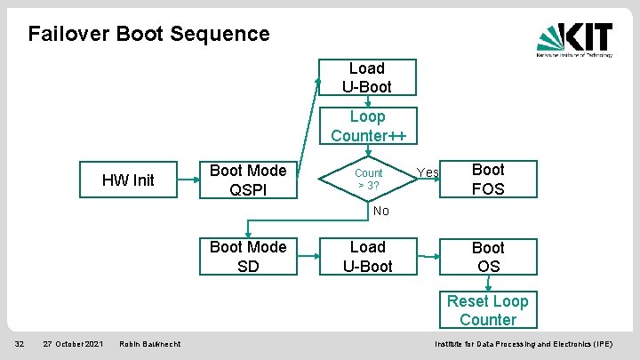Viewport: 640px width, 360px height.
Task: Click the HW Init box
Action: (x=128, y=180)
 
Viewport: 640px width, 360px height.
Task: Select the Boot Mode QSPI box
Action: (x=248, y=180)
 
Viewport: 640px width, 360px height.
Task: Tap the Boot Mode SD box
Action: (x=248, y=256)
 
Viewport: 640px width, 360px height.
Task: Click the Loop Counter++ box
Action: (x=367, y=126)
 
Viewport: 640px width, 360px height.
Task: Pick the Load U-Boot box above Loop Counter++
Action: (x=367, y=78)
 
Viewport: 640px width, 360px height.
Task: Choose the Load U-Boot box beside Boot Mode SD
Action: (x=367, y=256)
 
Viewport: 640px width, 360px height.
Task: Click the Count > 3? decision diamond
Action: (x=368, y=179)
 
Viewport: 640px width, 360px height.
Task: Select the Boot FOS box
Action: (x=487, y=180)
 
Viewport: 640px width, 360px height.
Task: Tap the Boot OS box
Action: (x=487, y=257)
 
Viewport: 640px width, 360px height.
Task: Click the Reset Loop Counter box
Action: (x=487, y=311)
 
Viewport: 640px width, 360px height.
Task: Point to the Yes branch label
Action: (x=428, y=172)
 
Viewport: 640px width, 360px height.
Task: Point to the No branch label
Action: (x=380, y=212)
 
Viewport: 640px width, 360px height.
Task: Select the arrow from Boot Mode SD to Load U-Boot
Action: (x=308, y=257)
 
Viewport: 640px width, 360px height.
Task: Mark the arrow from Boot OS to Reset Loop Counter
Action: (x=487, y=284)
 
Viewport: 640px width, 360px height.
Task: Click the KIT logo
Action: (x=574, y=40)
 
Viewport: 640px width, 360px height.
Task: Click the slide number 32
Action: (x=18, y=344)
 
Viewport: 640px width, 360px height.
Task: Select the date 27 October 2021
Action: (x=73, y=344)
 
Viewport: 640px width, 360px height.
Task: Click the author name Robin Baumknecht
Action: (x=148, y=344)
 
